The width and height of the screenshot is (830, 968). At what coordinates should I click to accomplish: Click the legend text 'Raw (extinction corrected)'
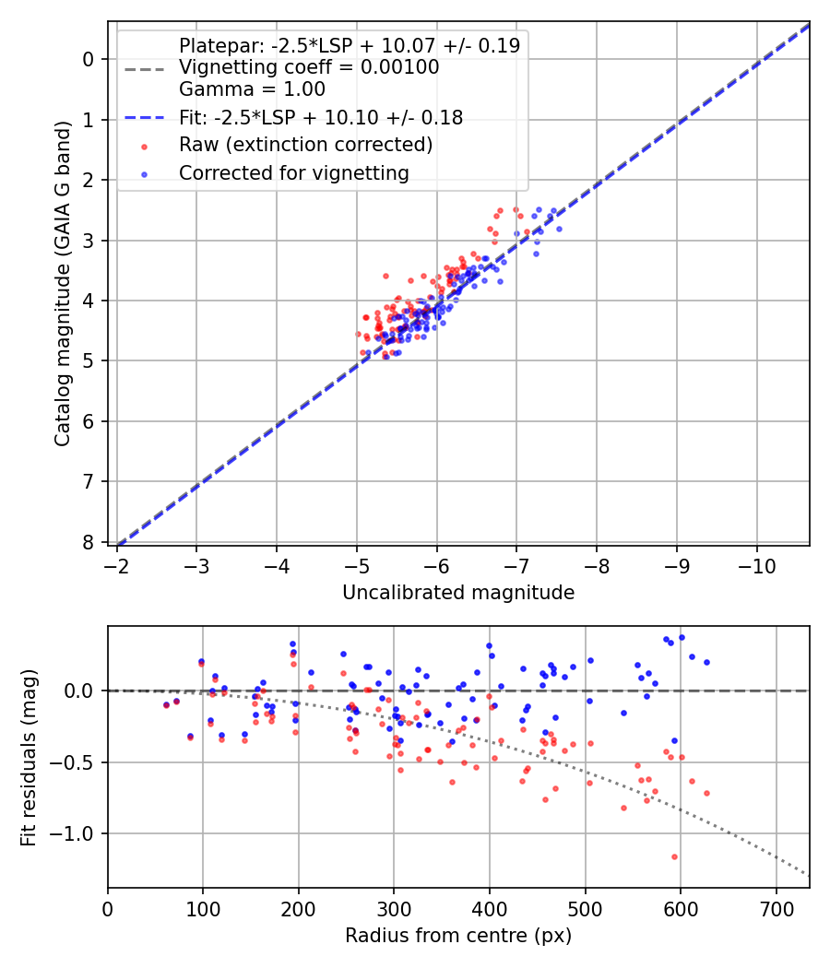click(x=305, y=145)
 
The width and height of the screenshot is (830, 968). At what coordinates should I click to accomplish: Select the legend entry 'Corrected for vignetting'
click(x=294, y=172)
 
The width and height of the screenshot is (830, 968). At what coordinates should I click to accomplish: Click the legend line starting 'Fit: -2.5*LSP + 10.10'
click(x=320, y=117)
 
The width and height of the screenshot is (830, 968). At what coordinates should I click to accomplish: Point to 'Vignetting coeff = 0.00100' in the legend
click(x=309, y=67)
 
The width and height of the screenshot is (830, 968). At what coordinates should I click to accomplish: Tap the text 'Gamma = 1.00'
click(x=252, y=89)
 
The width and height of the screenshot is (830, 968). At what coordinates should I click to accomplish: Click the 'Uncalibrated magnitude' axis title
click(x=458, y=593)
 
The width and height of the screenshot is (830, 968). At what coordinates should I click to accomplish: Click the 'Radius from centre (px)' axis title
click(x=458, y=936)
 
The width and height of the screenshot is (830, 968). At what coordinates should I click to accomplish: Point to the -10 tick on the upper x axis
click(x=757, y=563)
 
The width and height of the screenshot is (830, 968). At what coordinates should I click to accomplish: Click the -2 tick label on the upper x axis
click(x=116, y=563)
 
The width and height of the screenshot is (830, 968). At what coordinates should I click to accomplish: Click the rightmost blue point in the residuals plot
click(x=706, y=662)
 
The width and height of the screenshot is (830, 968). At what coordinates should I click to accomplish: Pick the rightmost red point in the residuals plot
click(x=706, y=793)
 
